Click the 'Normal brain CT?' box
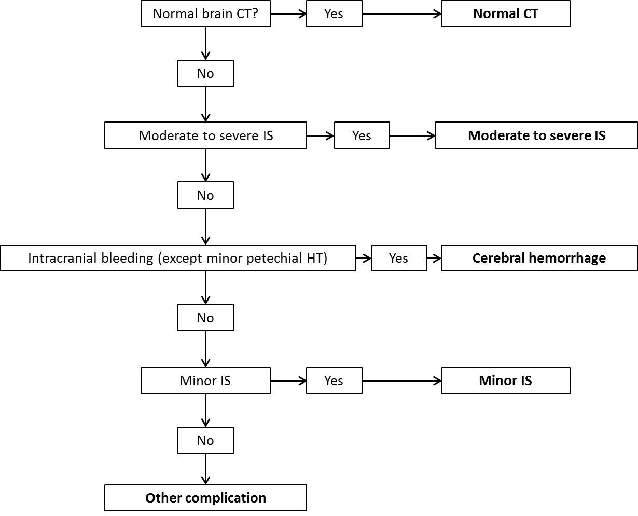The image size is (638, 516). pos(205,13)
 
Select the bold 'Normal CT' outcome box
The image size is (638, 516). pos(506,13)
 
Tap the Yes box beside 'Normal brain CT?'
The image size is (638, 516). pos(334,13)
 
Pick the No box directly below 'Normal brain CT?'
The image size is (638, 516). pos(205,73)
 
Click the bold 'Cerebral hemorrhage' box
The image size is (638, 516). pos(539,258)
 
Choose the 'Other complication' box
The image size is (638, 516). pos(205,498)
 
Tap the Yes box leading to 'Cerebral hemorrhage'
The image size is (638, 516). pos(399,258)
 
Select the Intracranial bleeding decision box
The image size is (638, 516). pos(178,258)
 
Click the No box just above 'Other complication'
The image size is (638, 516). pos(205,440)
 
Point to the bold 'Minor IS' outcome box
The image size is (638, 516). pos(506,381)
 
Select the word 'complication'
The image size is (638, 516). pos(226,498)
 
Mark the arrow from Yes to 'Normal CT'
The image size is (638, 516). pos(401,13)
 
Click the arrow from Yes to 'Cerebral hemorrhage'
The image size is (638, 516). pos(434,258)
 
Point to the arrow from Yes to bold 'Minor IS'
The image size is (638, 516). pos(401,381)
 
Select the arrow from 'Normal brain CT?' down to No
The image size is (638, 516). pos(205,43)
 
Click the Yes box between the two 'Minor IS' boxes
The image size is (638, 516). pos(334,381)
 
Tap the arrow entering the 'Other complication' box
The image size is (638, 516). pos(205,469)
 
